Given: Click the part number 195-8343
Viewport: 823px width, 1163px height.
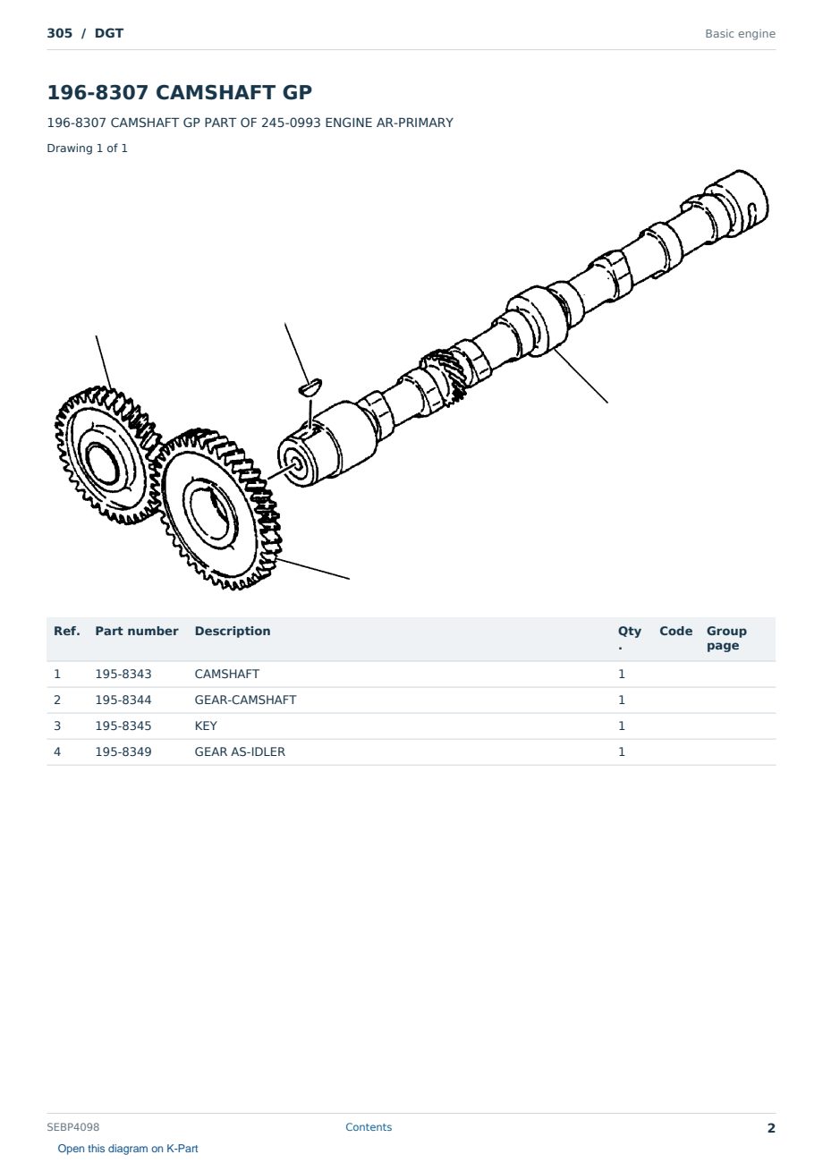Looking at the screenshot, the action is (123, 674).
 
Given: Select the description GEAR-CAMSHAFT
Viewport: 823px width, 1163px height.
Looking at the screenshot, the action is (245, 700).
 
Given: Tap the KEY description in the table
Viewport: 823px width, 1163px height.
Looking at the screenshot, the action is (206, 726).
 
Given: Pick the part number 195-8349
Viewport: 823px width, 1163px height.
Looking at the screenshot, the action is (123, 751).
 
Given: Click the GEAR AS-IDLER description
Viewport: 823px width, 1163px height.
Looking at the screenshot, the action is (240, 751).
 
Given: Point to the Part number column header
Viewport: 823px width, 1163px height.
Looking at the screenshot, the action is (137, 631).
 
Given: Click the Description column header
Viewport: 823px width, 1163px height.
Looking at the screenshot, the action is (233, 631).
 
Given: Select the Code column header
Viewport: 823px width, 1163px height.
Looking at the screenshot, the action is (675, 631).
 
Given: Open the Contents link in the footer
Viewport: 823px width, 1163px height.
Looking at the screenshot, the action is (369, 1127).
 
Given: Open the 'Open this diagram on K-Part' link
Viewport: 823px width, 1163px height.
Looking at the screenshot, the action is (128, 1149).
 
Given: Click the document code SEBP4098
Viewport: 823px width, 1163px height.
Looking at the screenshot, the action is (73, 1127).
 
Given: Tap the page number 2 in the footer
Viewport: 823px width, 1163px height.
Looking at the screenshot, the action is (771, 1128).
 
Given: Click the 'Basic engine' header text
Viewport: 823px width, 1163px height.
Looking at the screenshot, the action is (740, 34).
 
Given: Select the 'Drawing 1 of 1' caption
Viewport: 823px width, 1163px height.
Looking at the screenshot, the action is (88, 148).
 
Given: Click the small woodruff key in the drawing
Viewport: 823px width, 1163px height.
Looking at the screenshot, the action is (310, 387).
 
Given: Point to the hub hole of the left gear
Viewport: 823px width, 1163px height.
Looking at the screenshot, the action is (102, 463).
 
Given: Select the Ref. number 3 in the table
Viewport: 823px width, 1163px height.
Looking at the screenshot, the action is (57, 726).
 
